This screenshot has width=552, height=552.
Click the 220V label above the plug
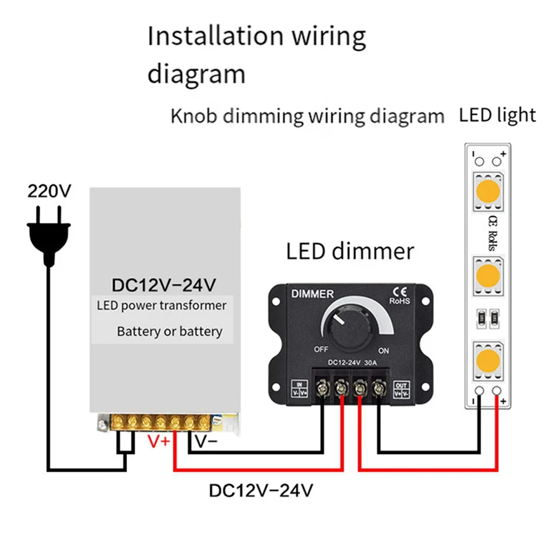[49, 191]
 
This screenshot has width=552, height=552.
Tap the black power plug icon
[49, 237]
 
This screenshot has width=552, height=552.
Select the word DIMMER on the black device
[313, 294]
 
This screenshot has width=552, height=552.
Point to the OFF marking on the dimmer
[321, 349]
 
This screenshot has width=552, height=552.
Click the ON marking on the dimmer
[384, 351]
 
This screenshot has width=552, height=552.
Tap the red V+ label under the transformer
[159, 442]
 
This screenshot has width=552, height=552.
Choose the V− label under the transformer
[206, 442]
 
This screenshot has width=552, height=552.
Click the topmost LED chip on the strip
[488, 192]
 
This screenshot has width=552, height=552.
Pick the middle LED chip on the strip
[488, 275]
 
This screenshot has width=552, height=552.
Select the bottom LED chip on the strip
[488, 360]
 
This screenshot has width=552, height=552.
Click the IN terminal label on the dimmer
[299, 388]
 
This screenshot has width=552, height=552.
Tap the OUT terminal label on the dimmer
[401, 389]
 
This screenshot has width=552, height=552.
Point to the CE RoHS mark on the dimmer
[400, 296]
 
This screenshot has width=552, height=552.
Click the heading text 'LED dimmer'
[350, 251]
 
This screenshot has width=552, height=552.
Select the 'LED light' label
[497, 115]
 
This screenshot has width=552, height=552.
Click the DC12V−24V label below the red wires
[261, 491]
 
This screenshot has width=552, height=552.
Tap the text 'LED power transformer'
[161, 306]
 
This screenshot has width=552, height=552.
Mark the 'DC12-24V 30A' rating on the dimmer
[353, 363]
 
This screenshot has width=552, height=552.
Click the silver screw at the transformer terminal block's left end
[103, 424]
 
